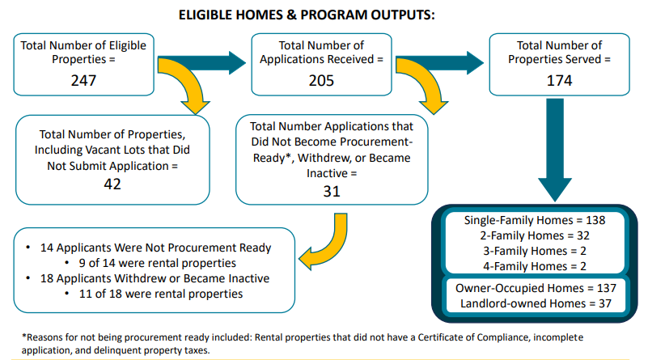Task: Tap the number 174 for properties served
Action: click(558, 81)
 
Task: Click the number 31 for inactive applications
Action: click(332, 192)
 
